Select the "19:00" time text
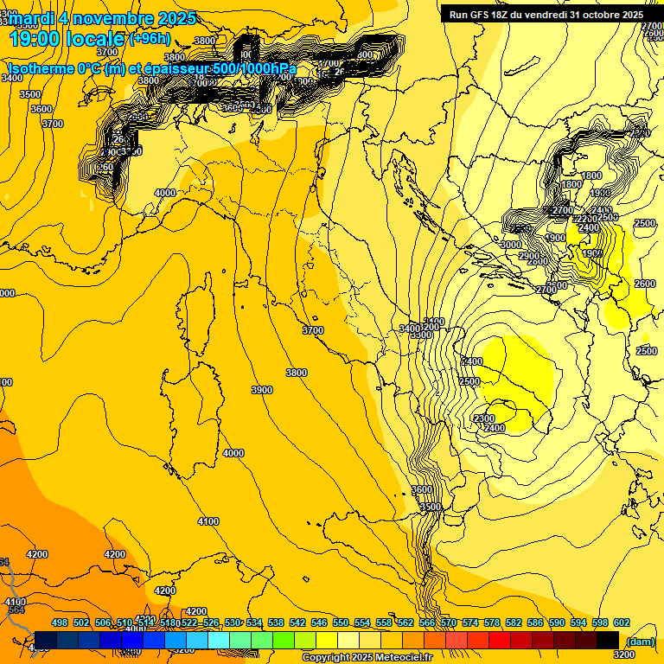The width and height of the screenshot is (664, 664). tap(36, 38)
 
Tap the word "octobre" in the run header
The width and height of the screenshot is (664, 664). tap(593, 15)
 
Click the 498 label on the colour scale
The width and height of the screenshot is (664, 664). tap(60, 622)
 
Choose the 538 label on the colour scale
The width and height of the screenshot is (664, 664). tap(276, 622)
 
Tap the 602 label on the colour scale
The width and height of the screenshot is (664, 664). tap(622, 622)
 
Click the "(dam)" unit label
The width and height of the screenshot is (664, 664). tap(640, 641)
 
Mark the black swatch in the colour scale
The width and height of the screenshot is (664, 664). tap(608, 640)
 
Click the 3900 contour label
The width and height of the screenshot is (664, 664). tap(262, 391)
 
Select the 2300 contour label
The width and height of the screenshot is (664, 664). tap(485, 418)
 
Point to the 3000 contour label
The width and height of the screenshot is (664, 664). tap(511, 245)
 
